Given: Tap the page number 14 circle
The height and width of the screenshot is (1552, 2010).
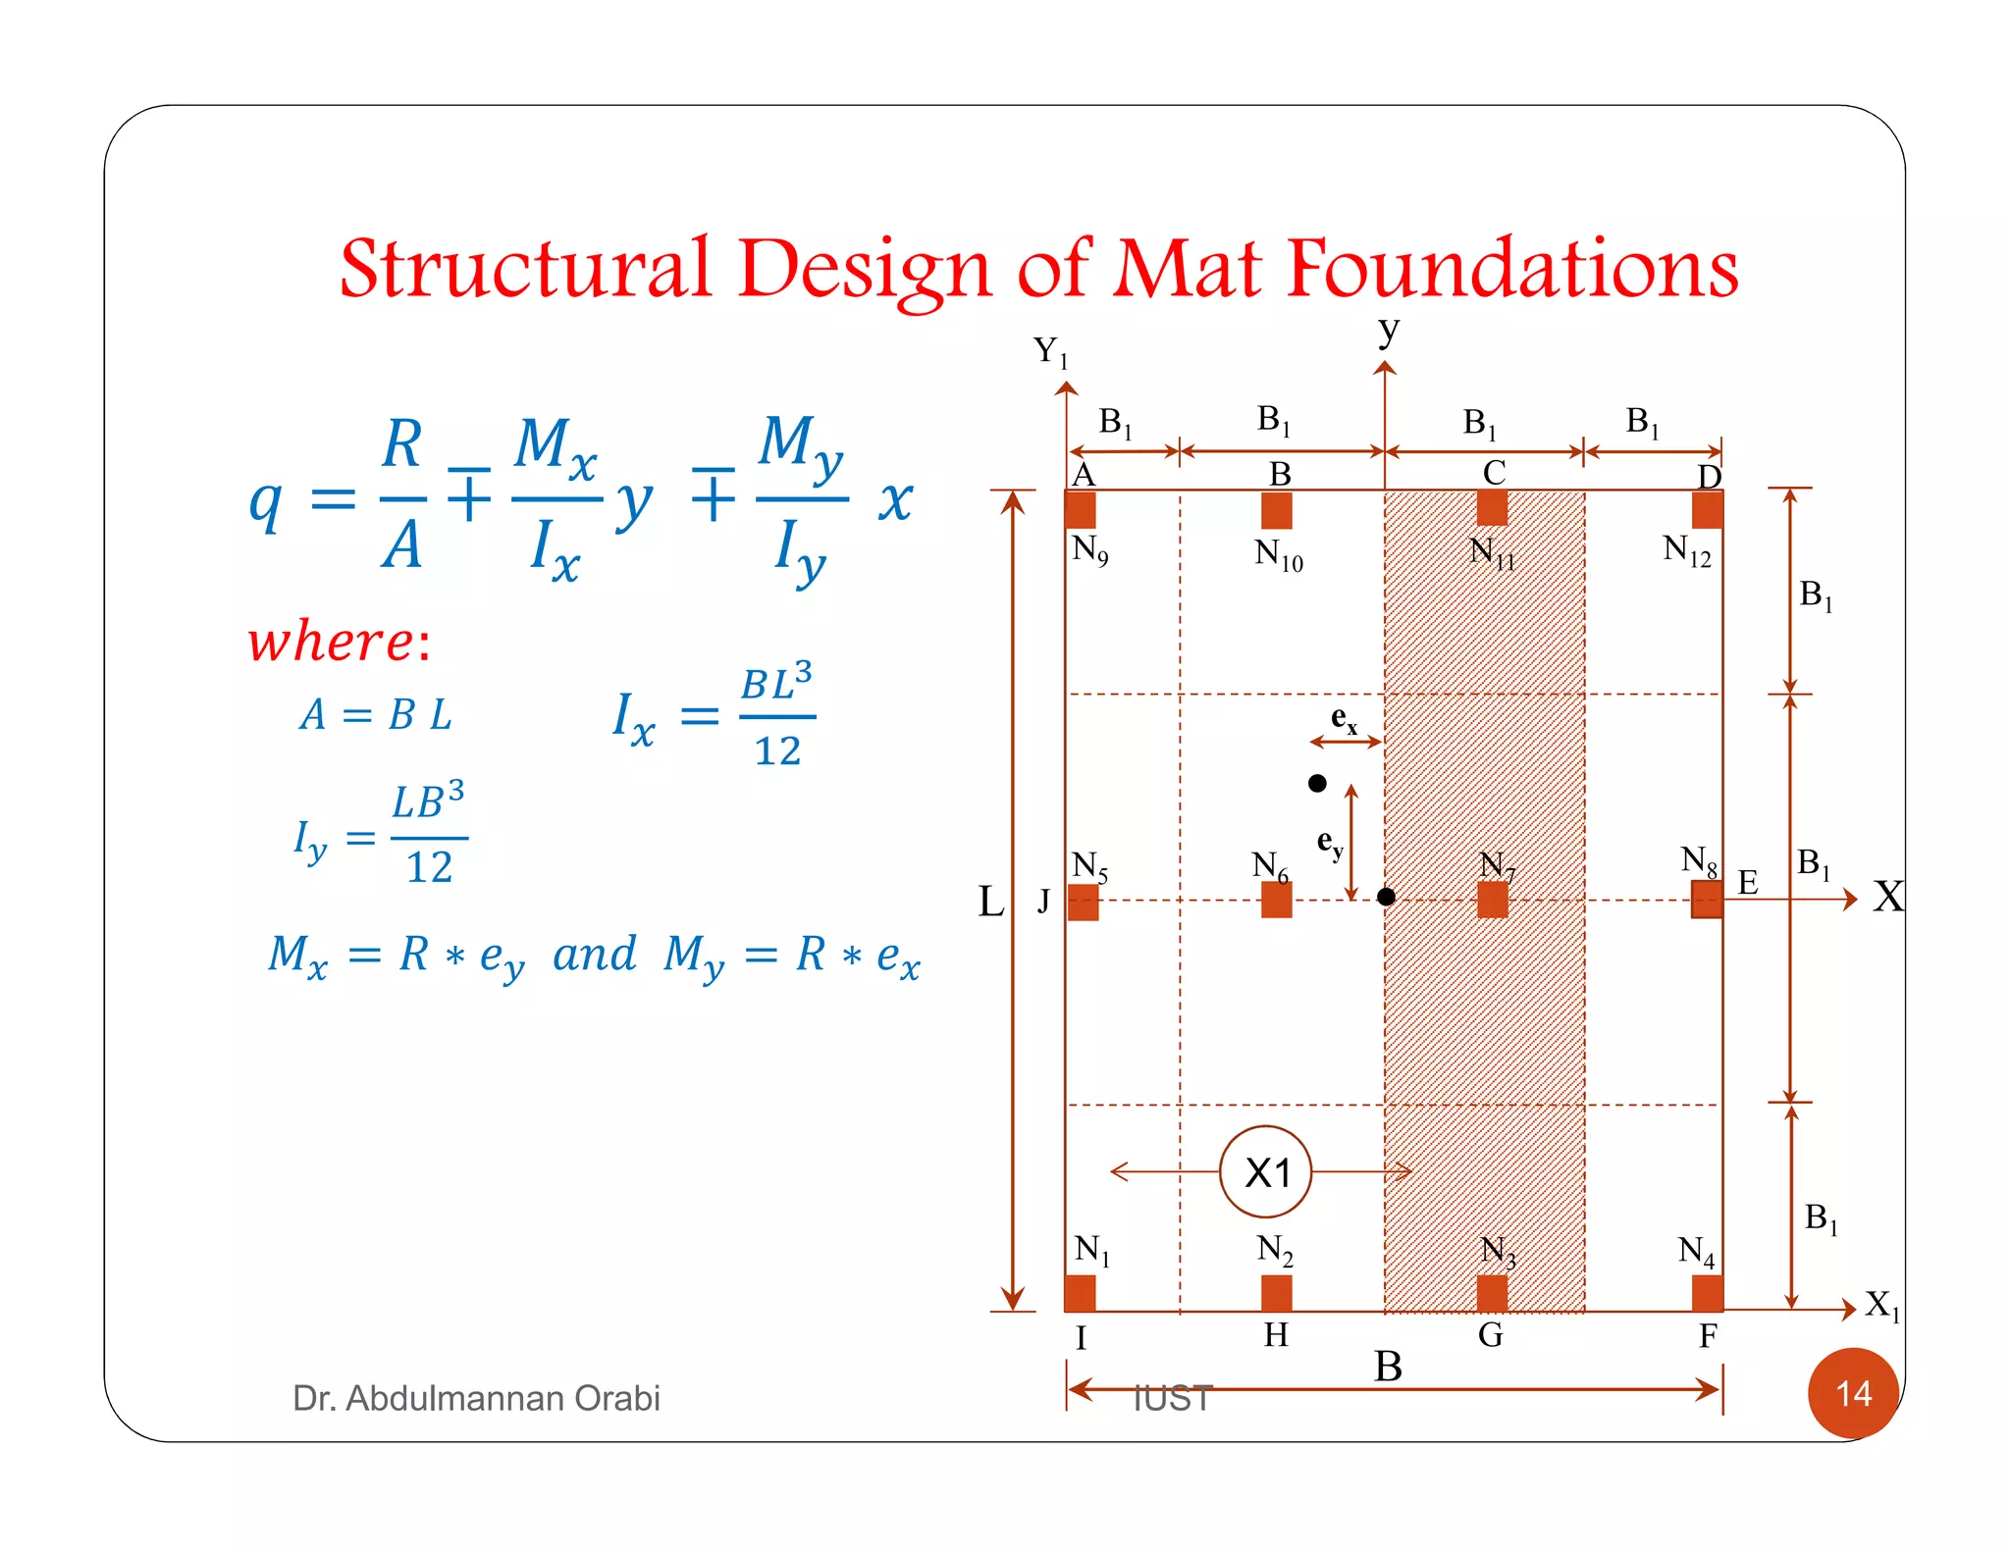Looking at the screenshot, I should click(x=1852, y=1392).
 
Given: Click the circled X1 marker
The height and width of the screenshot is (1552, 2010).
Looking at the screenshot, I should click(x=1266, y=1171).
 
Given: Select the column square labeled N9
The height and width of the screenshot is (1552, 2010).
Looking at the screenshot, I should click(x=1081, y=510).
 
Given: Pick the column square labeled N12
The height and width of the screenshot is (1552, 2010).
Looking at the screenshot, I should click(x=1707, y=510).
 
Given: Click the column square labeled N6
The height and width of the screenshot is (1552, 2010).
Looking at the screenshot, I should click(x=1276, y=900).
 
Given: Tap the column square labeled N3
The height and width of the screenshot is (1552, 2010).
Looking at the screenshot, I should click(x=1492, y=1292).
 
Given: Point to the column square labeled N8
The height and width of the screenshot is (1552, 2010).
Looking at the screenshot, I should click(x=1707, y=899).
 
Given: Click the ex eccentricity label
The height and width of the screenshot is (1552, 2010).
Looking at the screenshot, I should click(x=1344, y=719).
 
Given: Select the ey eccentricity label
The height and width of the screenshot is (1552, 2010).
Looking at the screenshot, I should click(x=1329, y=843).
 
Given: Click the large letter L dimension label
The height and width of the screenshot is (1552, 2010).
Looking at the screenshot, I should click(x=991, y=901).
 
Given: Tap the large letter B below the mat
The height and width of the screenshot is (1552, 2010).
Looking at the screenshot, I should click(x=1388, y=1366).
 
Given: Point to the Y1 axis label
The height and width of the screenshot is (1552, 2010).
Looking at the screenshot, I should click(x=1049, y=351).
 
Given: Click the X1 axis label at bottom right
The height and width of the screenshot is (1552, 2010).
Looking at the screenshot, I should click(x=1881, y=1305).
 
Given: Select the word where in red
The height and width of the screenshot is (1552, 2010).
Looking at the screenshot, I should click(x=332, y=643).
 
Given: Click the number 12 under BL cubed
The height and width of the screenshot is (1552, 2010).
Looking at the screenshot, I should click(x=777, y=751).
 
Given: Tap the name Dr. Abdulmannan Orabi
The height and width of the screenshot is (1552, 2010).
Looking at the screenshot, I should click(x=476, y=1397).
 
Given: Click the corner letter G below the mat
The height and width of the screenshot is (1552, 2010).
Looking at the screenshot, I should click(x=1490, y=1334).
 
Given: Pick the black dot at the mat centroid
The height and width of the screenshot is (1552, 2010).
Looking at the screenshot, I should click(x=1386, y=897).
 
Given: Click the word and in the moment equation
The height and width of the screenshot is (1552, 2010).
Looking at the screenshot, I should click(x=594, y=954).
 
